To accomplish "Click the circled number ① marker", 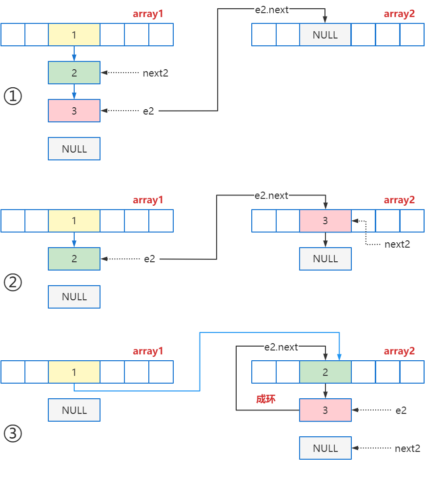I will click(x=13, y=96).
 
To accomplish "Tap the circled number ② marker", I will click(x=13, y=283).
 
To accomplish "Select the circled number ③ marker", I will click(x=13, y=433).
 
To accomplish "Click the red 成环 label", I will click(x=266, y=399).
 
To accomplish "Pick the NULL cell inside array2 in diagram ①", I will click(x=325, y=35).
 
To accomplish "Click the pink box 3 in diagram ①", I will click(x=74, y=111).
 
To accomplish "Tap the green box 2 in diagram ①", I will click(x=74, y=73).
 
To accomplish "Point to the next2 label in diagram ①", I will click(x=155, y=73).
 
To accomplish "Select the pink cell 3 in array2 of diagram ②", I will click(x=325, y=221).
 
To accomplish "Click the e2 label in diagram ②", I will click(x=149, y=259).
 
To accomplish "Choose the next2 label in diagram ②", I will click(x=397, y=244).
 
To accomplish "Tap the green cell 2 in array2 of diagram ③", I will click(x=325, y=372).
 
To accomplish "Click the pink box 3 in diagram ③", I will click(x=325, y=410).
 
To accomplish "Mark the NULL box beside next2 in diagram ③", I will click(x=325, y=448).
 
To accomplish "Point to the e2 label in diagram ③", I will click(x=401, y=410).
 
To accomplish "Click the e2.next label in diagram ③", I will click(x=281, y=347).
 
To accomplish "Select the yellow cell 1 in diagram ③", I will click(x=74, y=372).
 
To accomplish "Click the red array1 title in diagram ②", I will click(x=148, y=200).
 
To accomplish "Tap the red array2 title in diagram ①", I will click(x=399, y=14).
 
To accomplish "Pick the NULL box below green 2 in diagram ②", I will click(x=74, y=297).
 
